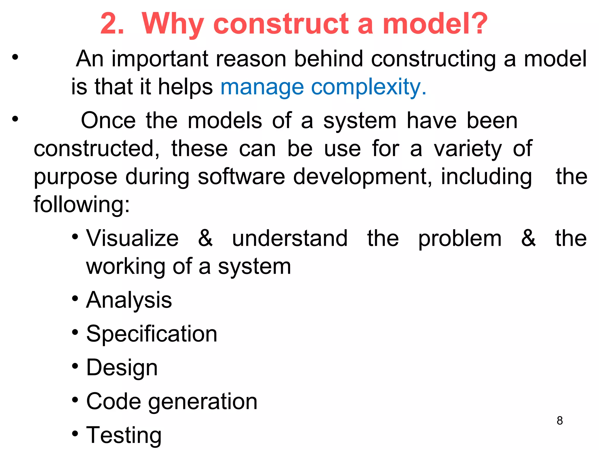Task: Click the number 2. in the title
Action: [x=112, y=24]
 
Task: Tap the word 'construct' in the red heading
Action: [x=281, y=24]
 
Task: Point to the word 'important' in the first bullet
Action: [x=160, y=59]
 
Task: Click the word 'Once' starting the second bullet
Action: [x=108, y=120]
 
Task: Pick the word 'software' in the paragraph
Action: [x=241, y=177]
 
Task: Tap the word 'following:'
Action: [x=82, y=204]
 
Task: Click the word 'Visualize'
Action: [x=132, y=238]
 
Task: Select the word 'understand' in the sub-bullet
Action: [x=290, y=238]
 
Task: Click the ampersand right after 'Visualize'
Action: [x=205, y=238]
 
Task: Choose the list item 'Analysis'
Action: [x=129, y=301]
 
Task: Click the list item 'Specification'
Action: [x=152, y=334]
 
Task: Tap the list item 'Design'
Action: [x=122, y=368]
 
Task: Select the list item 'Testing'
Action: [x=124, y=435]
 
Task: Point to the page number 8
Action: [x=560, y=421]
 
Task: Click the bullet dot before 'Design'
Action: [x=75, y=366]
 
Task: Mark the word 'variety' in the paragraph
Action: [x=468, y=149]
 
